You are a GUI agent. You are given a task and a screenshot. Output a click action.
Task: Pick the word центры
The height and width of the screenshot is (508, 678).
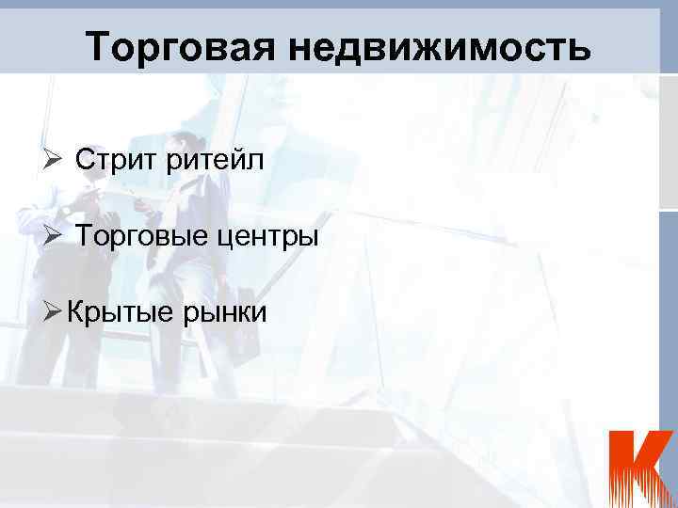point(273,236)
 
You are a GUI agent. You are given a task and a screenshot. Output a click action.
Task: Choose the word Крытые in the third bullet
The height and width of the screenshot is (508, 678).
point(119,311)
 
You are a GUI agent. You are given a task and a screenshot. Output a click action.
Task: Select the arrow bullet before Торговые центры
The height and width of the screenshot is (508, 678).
point(54,235)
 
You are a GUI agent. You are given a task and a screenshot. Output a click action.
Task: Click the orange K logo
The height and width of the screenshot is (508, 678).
point(639,468)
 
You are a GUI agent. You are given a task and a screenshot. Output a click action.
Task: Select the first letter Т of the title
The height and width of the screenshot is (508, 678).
point(97,46)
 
